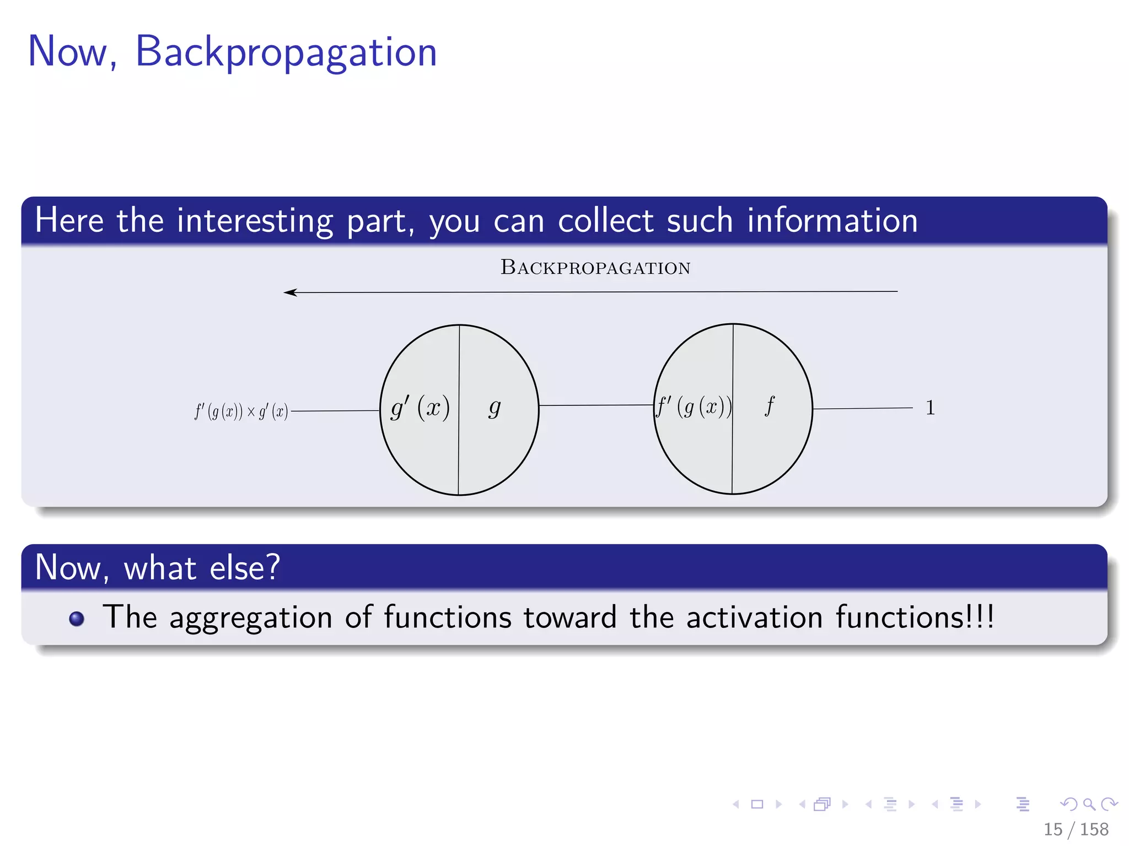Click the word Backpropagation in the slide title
point(286,52)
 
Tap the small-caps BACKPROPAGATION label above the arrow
point(595,268)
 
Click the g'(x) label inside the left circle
point(420,408)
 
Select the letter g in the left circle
point(494,408)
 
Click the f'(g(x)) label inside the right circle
point(693,407)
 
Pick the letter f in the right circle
point(770,406)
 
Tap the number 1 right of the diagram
point(930,408)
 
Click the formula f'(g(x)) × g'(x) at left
point(241,411)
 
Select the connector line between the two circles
point(595,405)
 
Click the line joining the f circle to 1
point(863,408)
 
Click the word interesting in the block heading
point(255,221)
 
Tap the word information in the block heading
point(832,221)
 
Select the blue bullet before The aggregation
point(77,619)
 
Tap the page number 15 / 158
point(1076,829)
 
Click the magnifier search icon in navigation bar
point(1089,805)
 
